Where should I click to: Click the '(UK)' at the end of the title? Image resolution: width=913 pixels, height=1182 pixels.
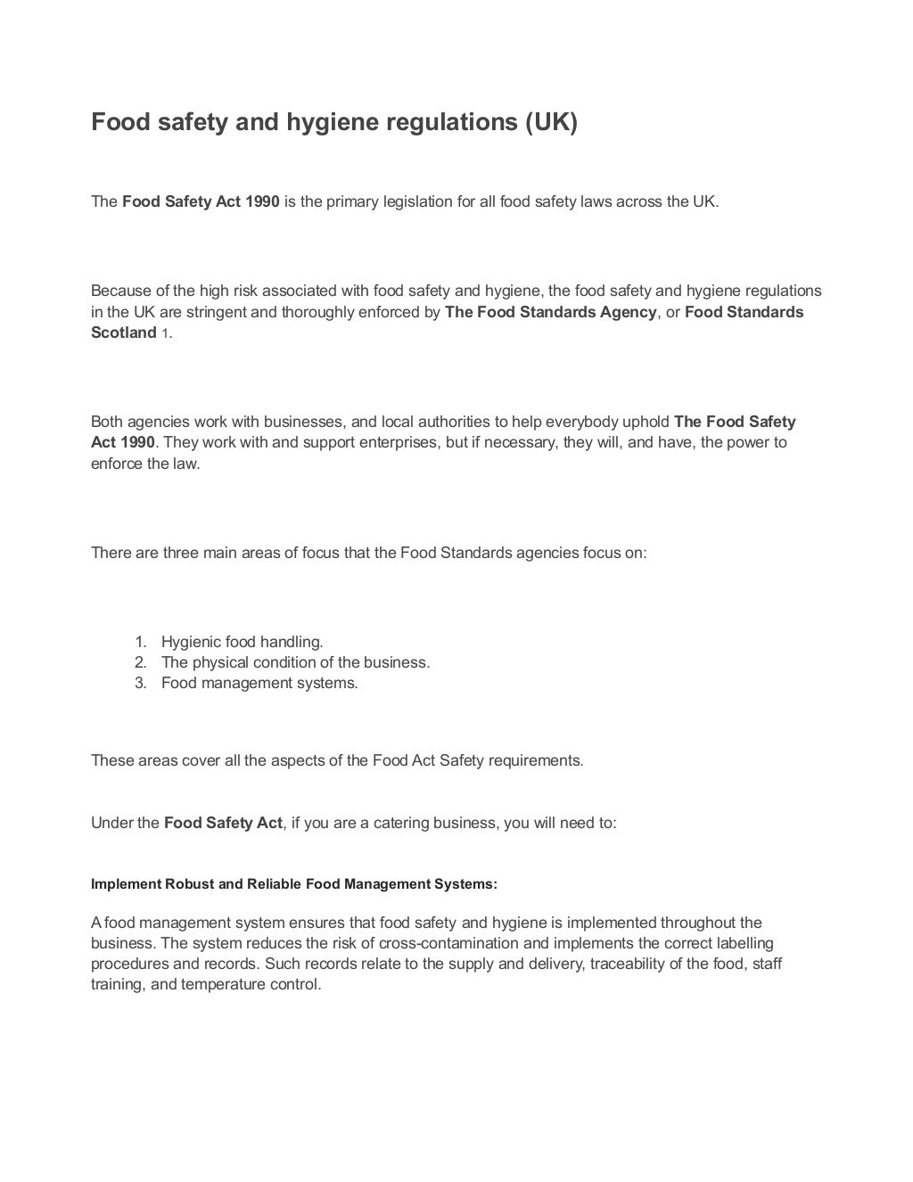pyautogui.click(x=550, y=122)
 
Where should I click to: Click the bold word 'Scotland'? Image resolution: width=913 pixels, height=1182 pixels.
pyautogui.click(x=124, y=332)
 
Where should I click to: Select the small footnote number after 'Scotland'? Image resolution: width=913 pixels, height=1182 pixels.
pyautogui.click(x=165, y=333)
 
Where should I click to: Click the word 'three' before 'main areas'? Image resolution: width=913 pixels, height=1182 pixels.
pyautogui.click(x=181, y=553)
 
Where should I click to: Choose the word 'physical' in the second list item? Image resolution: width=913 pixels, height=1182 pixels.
pyautogui.click(x=222, y=662)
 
